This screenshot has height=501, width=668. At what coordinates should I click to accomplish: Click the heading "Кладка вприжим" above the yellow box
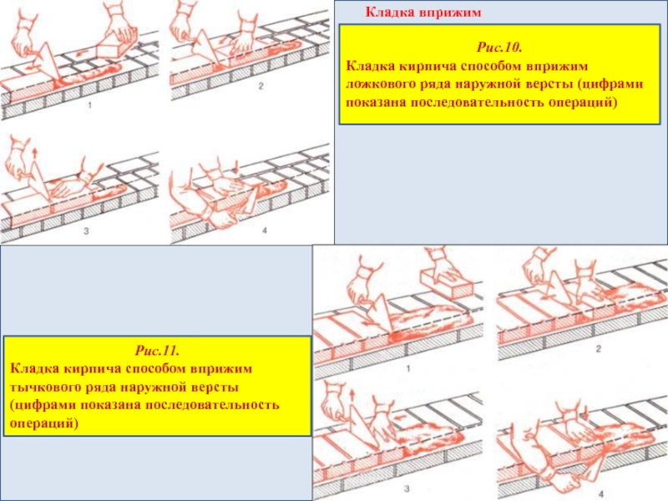423,13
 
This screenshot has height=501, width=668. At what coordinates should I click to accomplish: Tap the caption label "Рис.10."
499,47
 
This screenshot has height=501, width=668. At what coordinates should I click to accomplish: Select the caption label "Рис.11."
157,351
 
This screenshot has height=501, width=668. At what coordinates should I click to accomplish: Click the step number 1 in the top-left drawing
89,105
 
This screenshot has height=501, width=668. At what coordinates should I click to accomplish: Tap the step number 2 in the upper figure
261,86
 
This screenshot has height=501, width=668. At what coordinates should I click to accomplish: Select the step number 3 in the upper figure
86,231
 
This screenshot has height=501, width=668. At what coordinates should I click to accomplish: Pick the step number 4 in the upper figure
265,230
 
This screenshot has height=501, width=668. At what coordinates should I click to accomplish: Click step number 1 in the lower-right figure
407,368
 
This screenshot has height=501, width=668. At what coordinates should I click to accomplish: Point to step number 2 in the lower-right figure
599,349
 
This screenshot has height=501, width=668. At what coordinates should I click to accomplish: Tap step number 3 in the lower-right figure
407,488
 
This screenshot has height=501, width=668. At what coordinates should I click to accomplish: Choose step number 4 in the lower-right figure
601,494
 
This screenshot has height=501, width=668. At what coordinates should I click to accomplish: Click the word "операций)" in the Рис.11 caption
44,424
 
